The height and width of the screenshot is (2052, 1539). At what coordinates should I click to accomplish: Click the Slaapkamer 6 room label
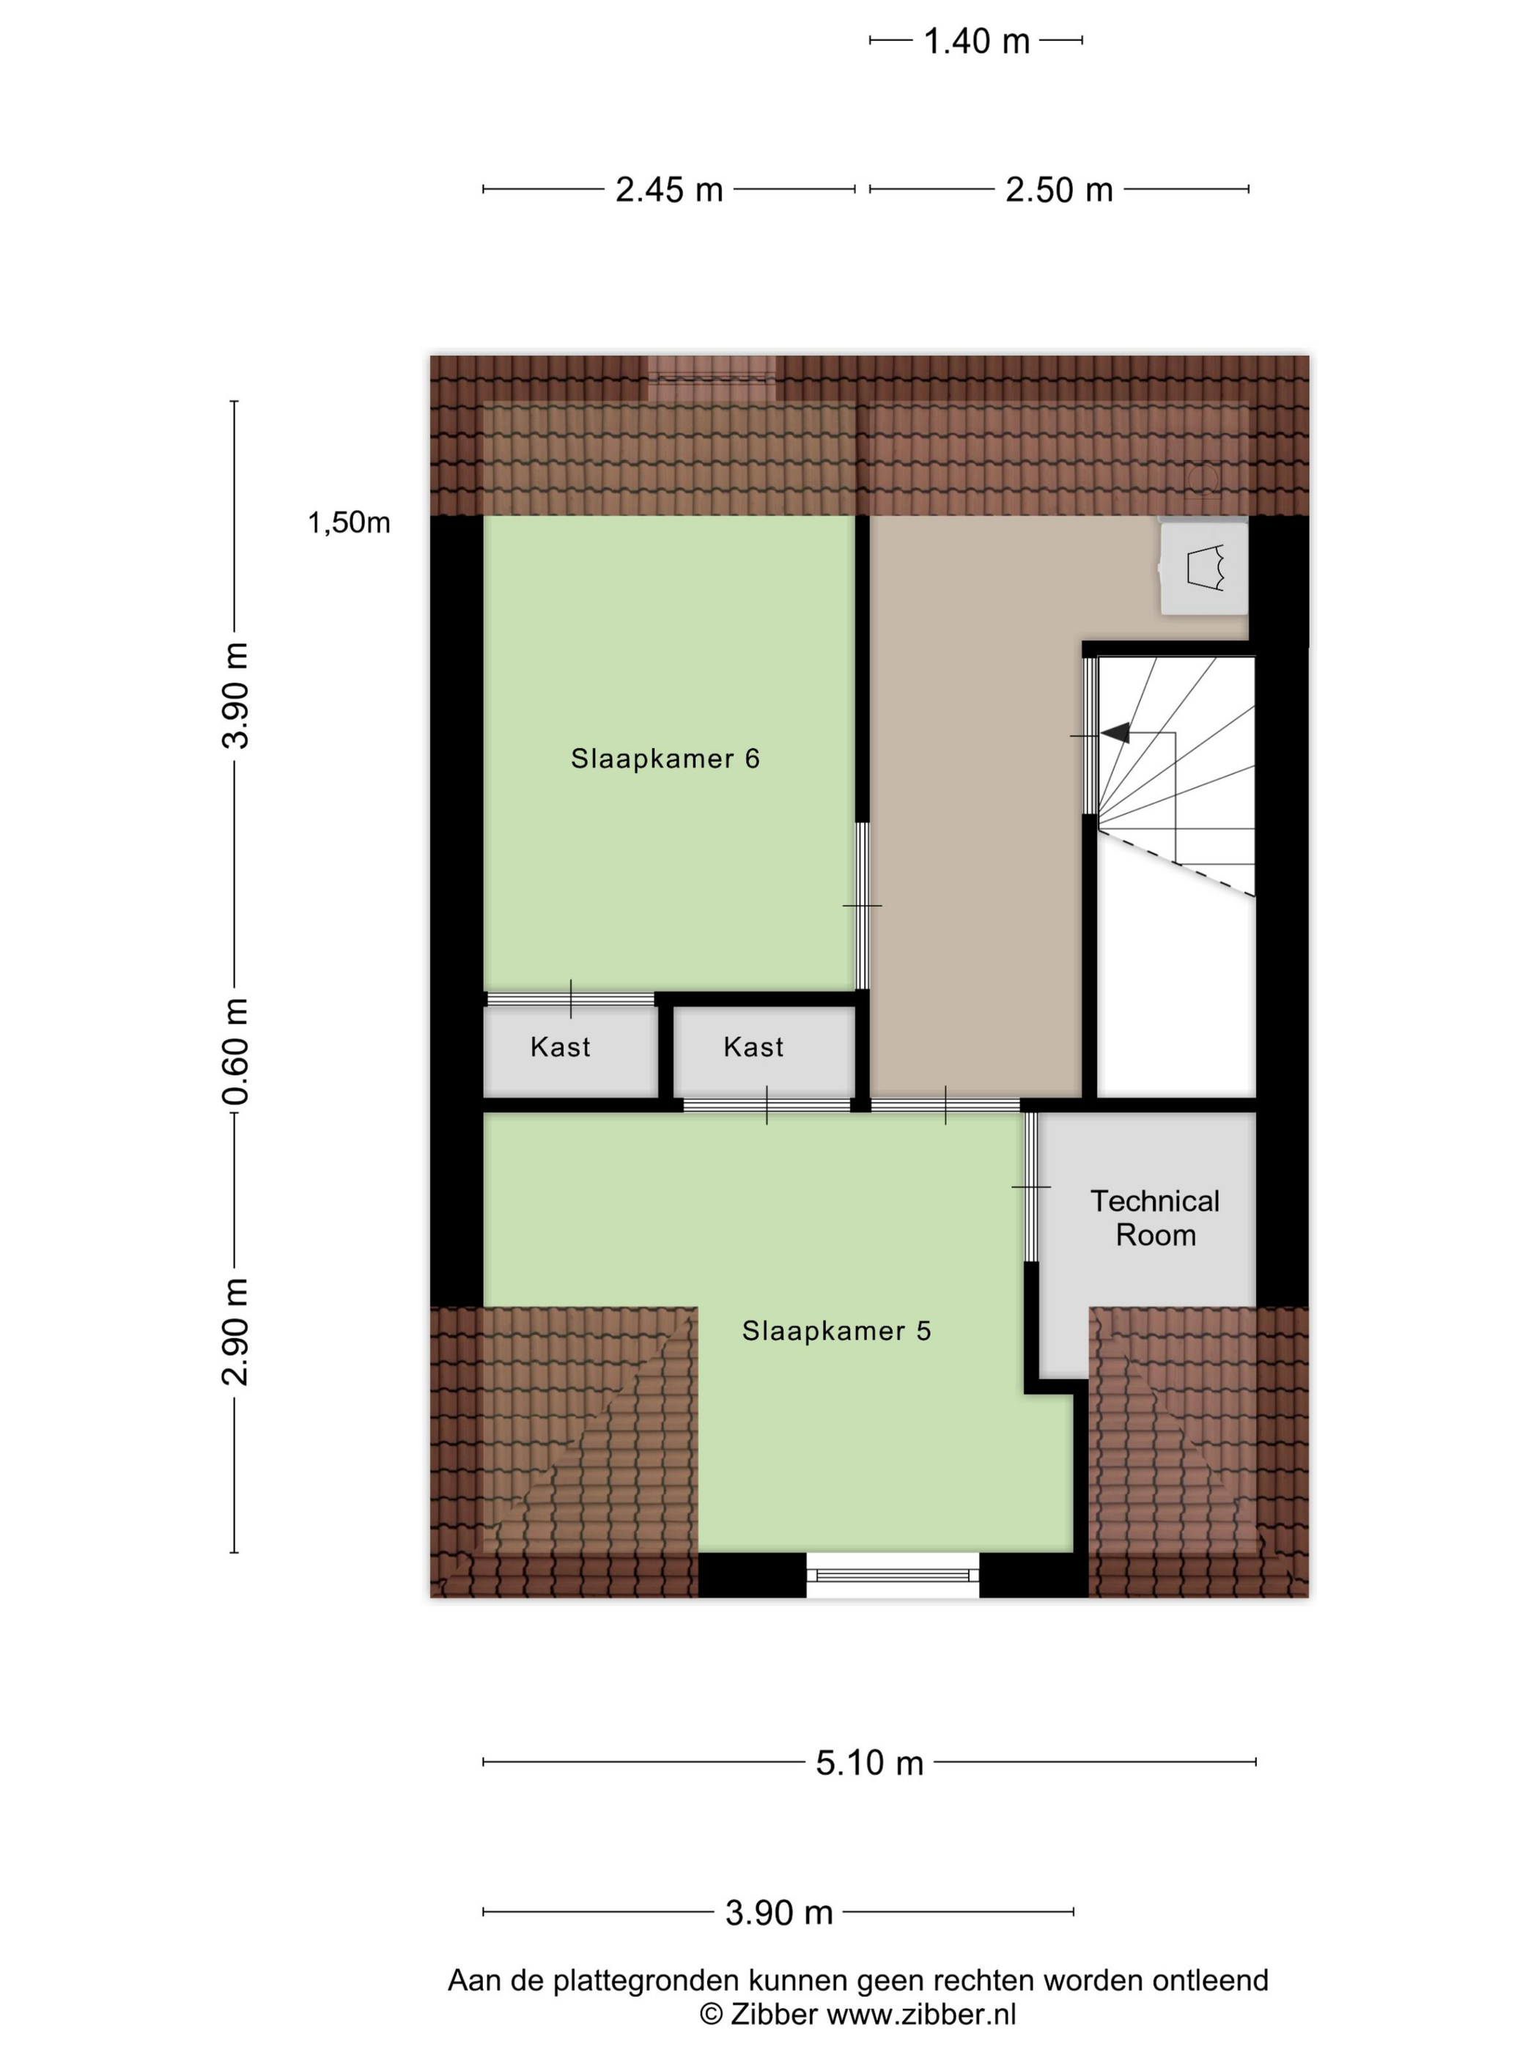pos(665,758)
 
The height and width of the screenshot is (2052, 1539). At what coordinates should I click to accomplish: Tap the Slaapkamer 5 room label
pos(836,1330)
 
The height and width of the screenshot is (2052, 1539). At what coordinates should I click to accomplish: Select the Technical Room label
pos(1155,1218)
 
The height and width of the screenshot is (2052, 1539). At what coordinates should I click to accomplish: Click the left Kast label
pos(561,1047)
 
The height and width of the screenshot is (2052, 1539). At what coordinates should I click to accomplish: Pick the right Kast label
pos(753,1047)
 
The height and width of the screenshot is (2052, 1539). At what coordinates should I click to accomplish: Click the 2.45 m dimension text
pos(669,189)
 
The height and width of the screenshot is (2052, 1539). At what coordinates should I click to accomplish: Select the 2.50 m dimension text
pos(1058,189)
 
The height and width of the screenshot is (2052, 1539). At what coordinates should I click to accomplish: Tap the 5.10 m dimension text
pos(869,1763)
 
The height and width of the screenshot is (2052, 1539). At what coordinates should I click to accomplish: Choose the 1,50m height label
pos(349,523)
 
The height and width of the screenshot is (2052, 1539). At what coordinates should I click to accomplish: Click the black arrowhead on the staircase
pos(1116,733)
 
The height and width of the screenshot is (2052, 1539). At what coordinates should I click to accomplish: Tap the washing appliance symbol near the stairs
pos(1204,568)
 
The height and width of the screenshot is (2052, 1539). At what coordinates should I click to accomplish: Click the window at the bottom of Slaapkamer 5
pos(893,1574)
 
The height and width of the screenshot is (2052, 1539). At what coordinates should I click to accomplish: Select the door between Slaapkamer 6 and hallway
pos(862,905)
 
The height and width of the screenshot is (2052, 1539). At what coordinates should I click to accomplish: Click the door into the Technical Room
pos(1030,1186)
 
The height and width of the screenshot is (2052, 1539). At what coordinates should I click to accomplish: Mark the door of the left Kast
pos(570,999)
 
